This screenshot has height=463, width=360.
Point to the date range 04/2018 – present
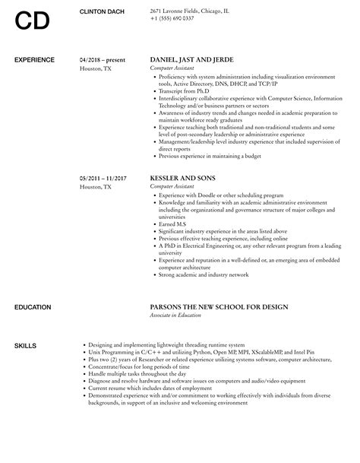click(x=103, y=59)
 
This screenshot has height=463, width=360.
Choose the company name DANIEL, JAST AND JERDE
click(x=192, y=59)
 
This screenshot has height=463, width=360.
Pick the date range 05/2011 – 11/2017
click(x=103, y=178)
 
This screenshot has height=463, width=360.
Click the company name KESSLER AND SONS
click(x=182, y=178)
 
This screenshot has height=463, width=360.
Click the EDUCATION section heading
click(x=33, y=307)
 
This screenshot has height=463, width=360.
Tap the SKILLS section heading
click(x=25, y=346)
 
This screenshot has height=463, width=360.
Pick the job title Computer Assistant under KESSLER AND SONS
click(x=172, y=186)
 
